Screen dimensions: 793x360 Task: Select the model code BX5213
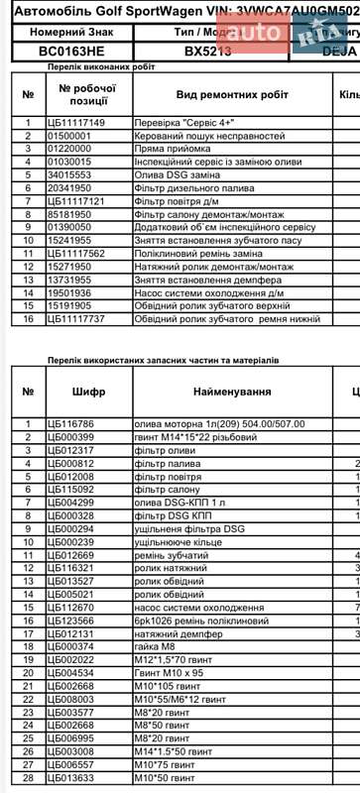[208, 50]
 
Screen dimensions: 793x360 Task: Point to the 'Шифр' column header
[89, 392]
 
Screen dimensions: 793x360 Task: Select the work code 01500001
[69, 135]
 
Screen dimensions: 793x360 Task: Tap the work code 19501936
[69, 293]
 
